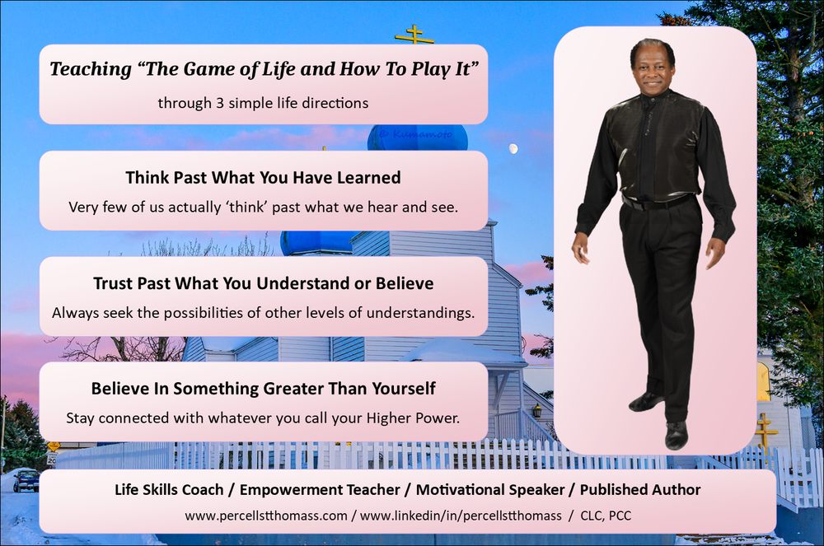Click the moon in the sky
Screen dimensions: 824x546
point(513,149)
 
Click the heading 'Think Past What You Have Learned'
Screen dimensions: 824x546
point(264,177)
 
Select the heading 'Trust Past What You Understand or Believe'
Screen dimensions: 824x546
point(264,283)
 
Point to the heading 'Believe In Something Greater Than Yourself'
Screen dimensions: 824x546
point(264,389)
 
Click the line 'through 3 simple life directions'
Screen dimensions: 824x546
point(264,102)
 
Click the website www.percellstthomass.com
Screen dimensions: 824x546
point(266,516)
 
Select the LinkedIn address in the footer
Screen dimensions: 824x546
point(461,516)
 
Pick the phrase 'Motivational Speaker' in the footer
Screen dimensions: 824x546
point(490,490)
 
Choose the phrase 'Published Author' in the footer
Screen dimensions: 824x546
point(640,490)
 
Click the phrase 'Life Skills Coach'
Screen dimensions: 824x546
point(169,490)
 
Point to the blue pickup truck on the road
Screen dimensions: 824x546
point(26,480)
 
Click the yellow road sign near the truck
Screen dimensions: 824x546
point(53,446)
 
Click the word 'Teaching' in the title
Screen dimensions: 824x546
point(91,69)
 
